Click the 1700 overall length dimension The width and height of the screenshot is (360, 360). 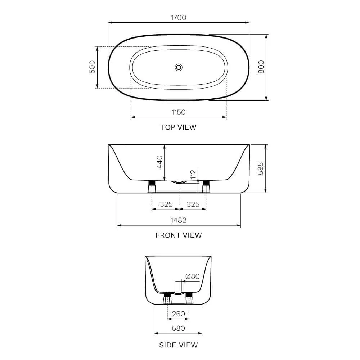point(179,17)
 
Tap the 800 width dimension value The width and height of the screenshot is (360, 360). point(261,67)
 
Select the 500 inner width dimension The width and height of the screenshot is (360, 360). point(92,67)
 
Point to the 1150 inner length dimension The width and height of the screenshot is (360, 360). point(179,112)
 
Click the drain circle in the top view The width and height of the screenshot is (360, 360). point(179,67)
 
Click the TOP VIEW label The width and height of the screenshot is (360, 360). point(179,127)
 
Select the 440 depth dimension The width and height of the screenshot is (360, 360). point(160,162)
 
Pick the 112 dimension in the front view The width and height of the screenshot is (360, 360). point(193,175)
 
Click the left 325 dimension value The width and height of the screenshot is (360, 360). point(166,204)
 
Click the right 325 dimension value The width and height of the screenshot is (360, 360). point(193,204)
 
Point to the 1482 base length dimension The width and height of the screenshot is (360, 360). point(179,220)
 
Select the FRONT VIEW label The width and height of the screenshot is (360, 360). point(179,235)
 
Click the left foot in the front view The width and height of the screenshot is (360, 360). point(152,186)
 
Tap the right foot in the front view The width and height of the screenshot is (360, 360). point(206,186)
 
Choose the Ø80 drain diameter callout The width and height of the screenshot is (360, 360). point(192,276)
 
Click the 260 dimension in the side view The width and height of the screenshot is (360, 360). point(179,314)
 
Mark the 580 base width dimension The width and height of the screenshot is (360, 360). point(179,328)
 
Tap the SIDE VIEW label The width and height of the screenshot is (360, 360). point(179,345)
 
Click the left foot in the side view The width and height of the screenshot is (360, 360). point(167,299)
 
